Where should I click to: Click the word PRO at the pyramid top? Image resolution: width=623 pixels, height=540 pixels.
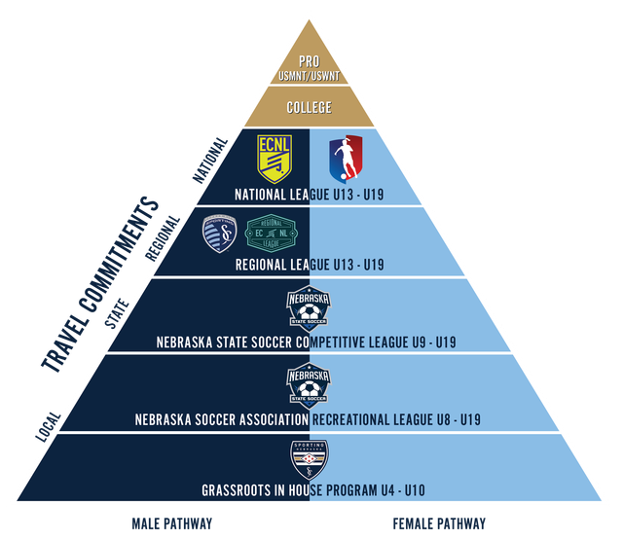tap(310, 59)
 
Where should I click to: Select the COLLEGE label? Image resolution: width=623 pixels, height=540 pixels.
tap(310, 107)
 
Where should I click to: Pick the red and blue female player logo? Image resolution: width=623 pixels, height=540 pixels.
tap(345, 158)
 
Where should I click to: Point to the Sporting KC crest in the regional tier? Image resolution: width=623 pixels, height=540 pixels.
tap(219, 234)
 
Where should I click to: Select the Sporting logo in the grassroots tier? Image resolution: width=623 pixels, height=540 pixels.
tap(310, 457)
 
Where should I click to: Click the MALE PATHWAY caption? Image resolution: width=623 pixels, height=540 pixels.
tap(171, 523)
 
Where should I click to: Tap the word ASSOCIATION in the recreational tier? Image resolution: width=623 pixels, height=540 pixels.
tap(261, 420)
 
